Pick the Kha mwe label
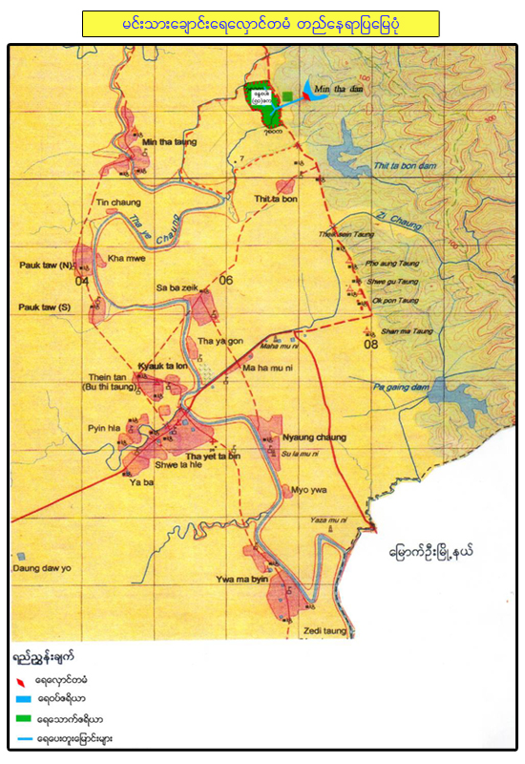point(125,258)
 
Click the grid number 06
point(226,280)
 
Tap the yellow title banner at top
point(261,24)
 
